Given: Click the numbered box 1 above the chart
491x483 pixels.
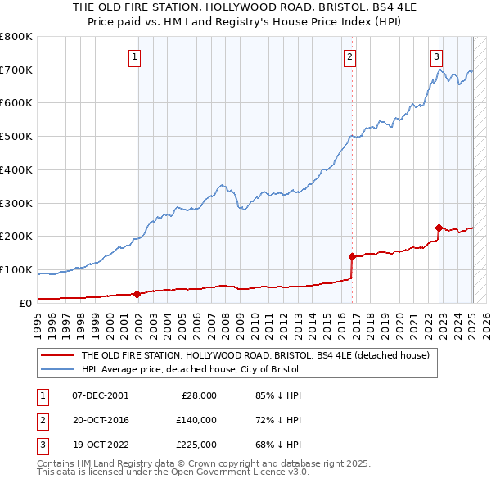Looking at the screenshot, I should point(133,57).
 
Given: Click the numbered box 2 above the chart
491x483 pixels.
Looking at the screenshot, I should point(349,57).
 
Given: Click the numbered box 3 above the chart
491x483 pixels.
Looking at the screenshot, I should point(436,57).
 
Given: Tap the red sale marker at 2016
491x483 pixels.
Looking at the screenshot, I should point(352,256).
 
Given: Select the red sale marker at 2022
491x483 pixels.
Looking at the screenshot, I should point(439,228).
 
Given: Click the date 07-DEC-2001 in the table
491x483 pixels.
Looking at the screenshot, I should point(100,395).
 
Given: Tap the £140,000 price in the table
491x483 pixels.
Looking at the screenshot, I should point(196,420).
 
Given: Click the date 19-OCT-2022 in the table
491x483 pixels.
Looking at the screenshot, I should point(100,445).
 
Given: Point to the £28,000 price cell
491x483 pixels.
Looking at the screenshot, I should point(199,395).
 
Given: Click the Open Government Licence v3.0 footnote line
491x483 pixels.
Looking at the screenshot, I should point(172,473).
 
